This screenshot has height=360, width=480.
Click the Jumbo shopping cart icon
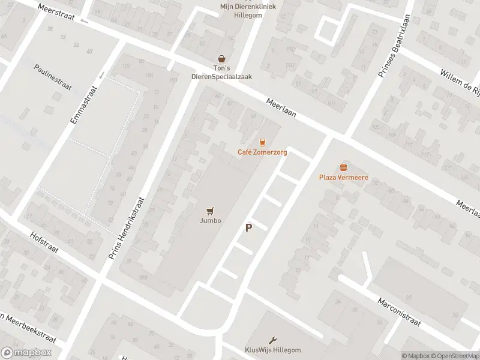210,211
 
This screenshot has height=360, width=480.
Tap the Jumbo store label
210,221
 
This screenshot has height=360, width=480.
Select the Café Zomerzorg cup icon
262,142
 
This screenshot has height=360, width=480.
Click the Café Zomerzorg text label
262,152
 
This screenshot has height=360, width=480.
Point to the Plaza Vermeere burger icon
343,167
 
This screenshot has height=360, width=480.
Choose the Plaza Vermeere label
343,178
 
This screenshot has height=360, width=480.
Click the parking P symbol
248,228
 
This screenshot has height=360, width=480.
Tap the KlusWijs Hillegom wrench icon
272,340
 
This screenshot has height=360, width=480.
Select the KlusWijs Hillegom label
272,350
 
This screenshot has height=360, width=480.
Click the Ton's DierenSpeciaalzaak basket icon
222,59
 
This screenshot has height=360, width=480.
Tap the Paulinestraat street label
53,77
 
